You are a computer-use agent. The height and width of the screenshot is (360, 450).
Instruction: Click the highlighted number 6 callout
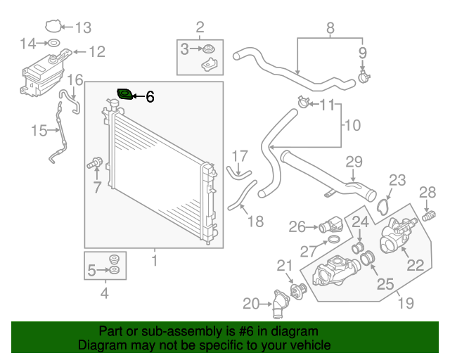150,97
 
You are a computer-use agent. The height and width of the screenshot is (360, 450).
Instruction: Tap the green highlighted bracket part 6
125,94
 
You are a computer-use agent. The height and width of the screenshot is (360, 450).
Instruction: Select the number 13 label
83,28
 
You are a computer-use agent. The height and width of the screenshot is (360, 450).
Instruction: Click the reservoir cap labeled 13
53,28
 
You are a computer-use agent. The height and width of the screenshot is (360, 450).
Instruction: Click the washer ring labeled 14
55,44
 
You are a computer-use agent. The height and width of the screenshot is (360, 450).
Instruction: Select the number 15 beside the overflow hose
39,130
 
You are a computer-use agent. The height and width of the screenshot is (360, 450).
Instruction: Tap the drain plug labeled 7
92,164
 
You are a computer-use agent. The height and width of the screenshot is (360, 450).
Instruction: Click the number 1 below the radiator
155,262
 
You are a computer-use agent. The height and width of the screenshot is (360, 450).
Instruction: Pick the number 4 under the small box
105,293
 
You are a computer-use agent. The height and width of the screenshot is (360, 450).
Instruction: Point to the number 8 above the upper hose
329,29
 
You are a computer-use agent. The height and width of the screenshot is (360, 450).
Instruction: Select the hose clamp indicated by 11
303,103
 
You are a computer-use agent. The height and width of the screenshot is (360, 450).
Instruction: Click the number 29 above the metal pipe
354,161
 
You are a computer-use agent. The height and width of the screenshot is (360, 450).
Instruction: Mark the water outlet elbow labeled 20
281,305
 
